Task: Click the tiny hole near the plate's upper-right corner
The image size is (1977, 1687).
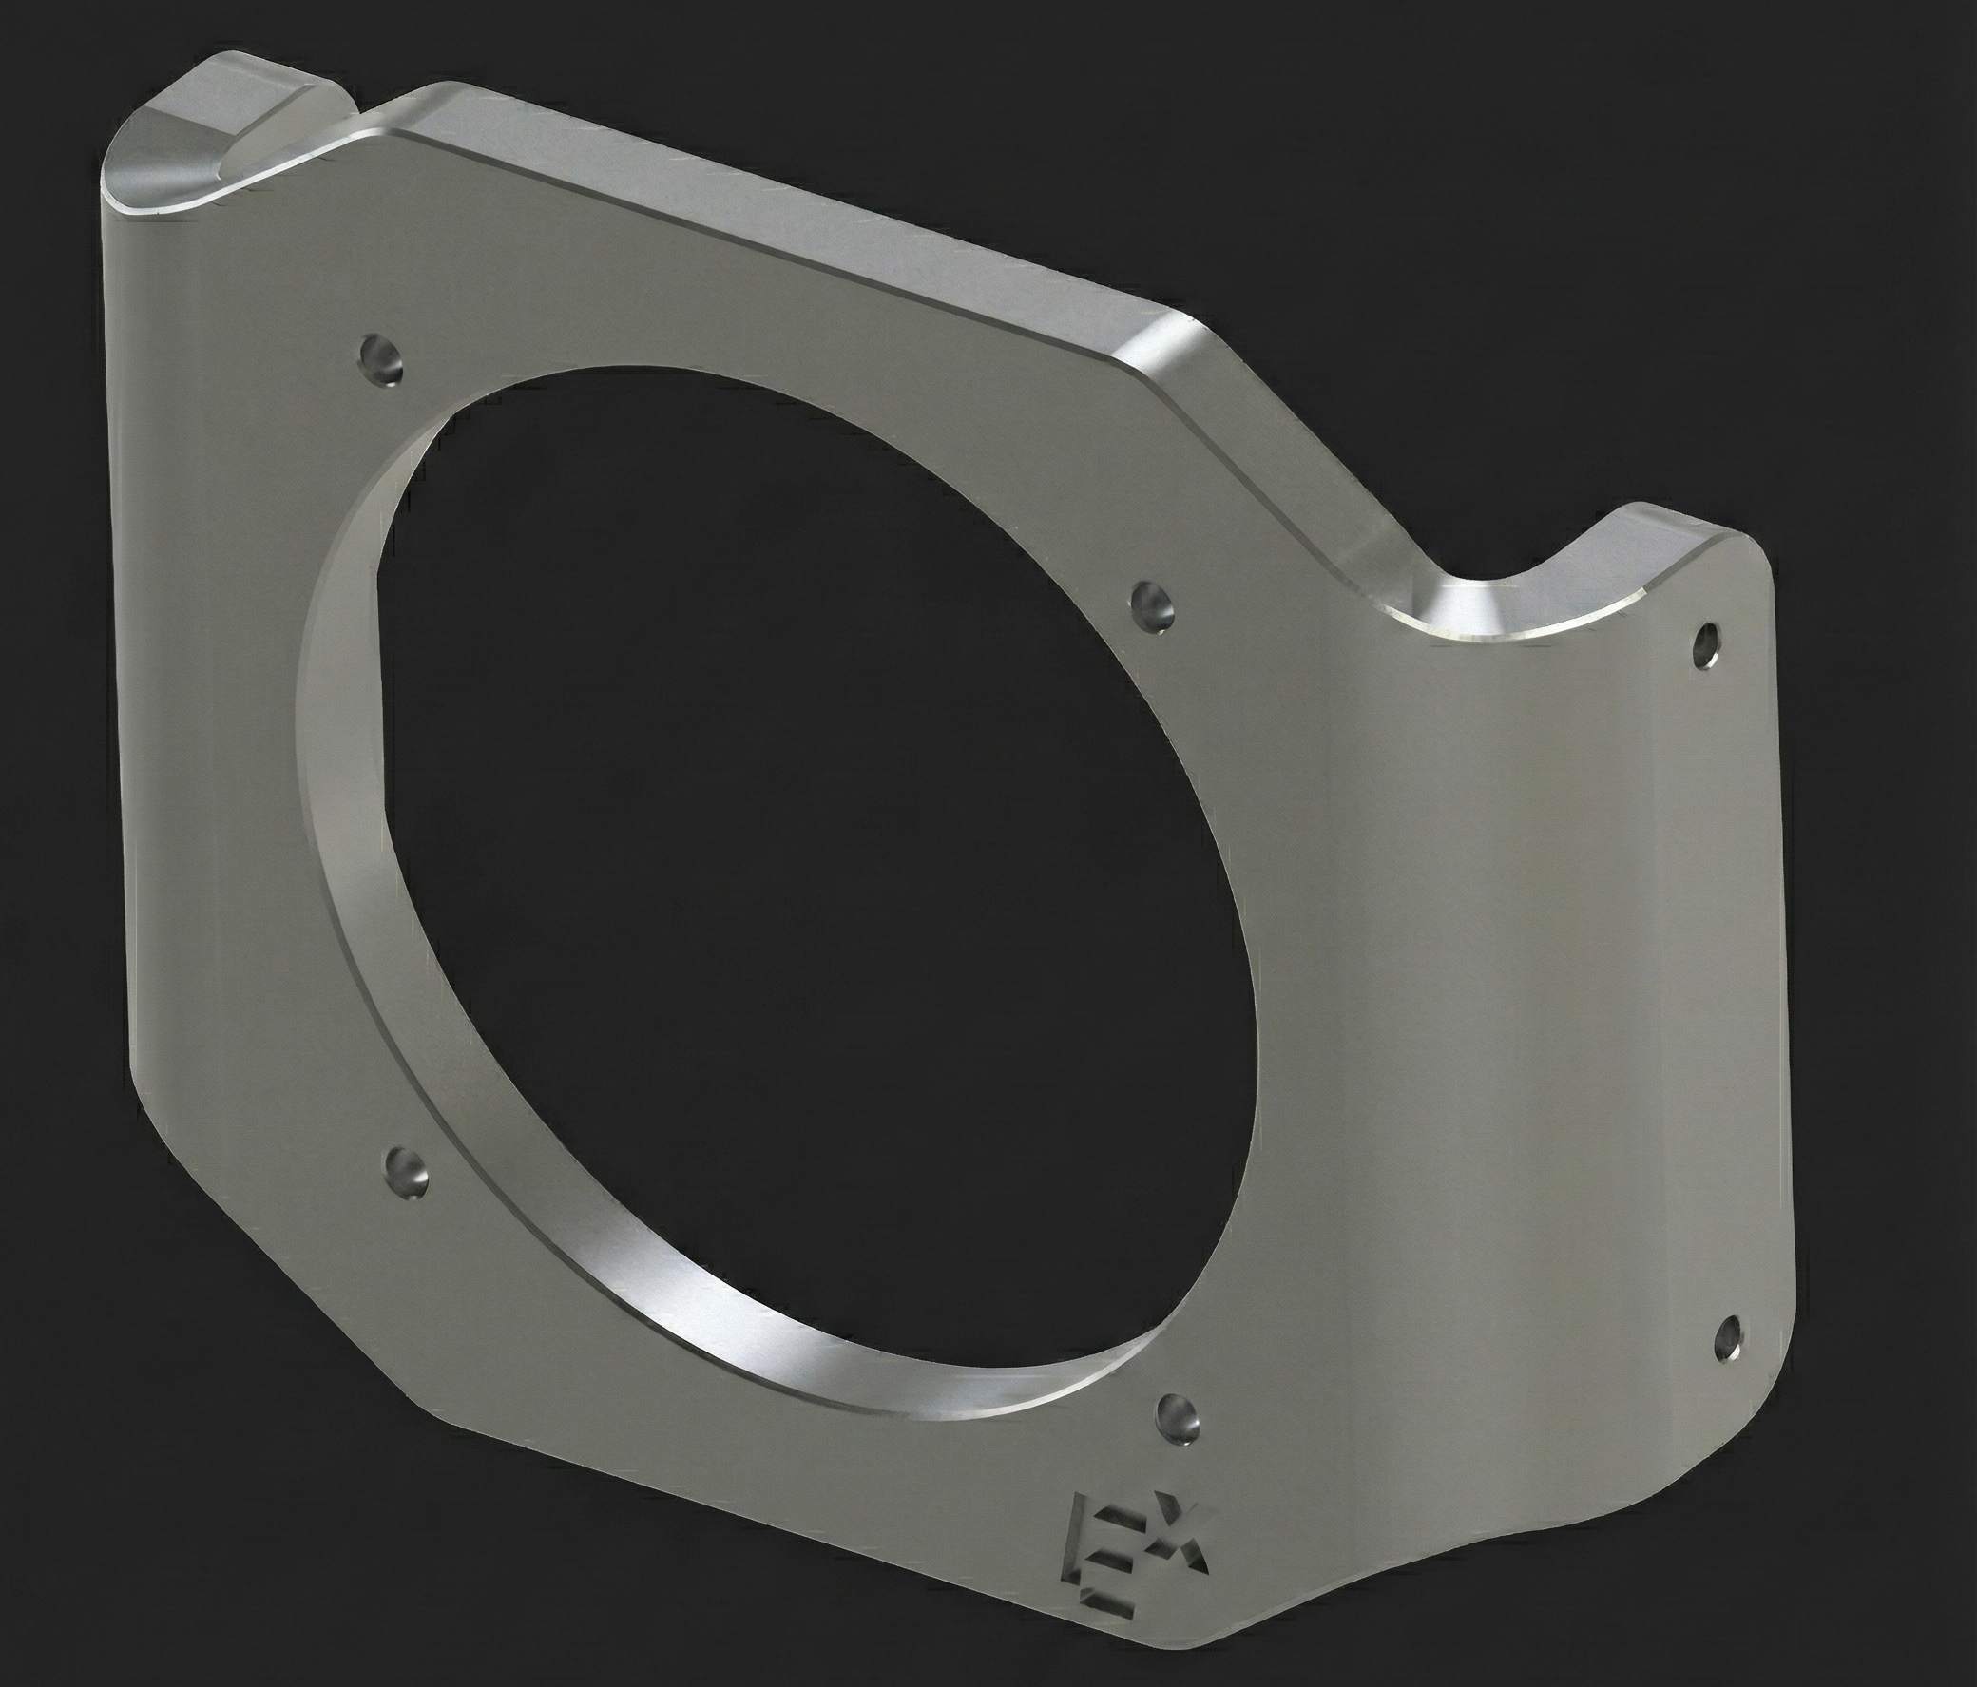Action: tap(1705, 647)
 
